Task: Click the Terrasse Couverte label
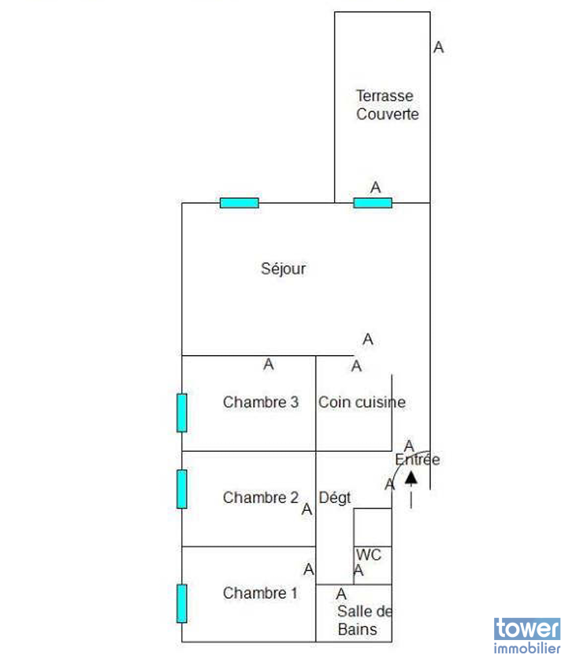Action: coord(387,105)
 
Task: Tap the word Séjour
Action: coord(284,268)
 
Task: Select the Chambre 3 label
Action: coord(261,402)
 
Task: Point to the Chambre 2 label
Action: coord(261,497)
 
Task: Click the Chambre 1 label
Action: coord(260,593)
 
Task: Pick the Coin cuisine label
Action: coord(362,402)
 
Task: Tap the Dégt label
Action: coord(335,498)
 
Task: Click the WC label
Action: coord(369,555)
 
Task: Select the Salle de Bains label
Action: coord(365,620)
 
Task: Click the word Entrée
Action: coord(417,460)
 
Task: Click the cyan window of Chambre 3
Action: coord(182,413)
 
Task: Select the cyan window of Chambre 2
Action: coord(182,489)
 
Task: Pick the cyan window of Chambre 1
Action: coord(182,604)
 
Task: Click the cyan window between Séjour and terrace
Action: coord(373,203)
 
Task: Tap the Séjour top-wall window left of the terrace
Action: coord(240,203)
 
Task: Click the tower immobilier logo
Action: coord(526,636)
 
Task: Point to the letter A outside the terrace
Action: coord(439,47)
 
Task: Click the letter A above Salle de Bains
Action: coord(341,594)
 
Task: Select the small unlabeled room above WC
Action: coord(373,527)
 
